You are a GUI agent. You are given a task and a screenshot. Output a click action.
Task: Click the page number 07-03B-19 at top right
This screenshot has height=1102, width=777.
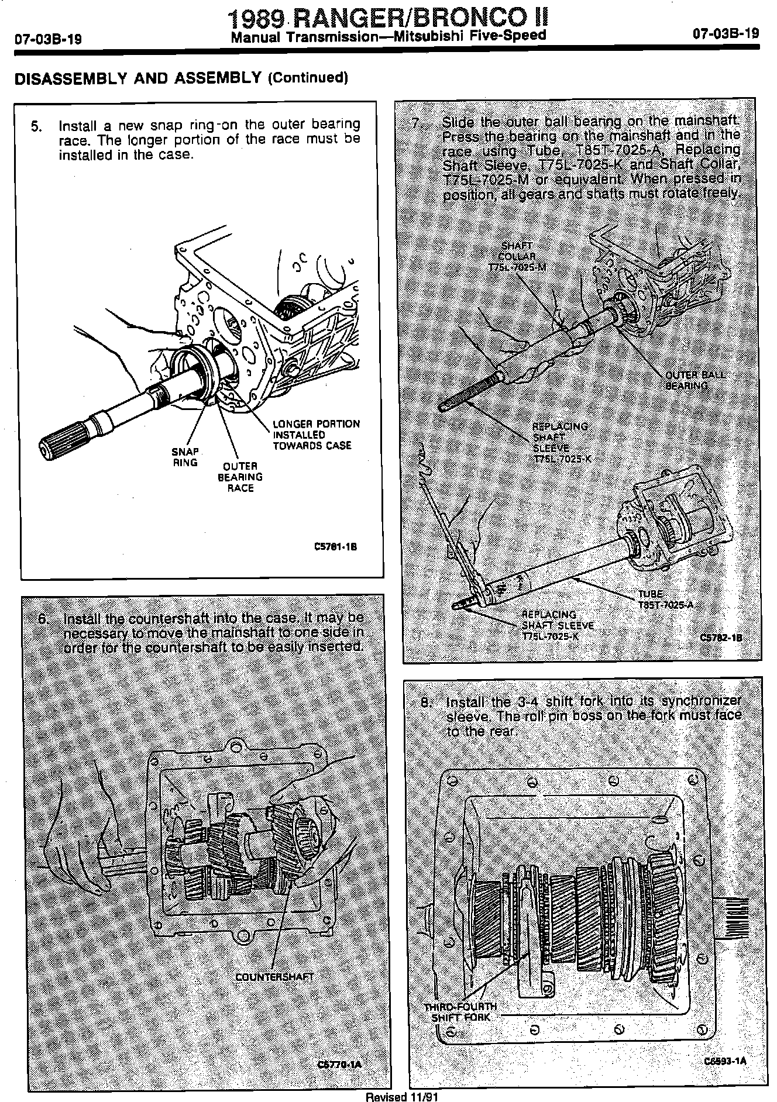726,33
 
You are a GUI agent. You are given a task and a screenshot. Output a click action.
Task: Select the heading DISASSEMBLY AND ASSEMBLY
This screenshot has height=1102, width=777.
137,78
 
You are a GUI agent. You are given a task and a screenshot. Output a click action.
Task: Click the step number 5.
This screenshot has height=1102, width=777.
37,126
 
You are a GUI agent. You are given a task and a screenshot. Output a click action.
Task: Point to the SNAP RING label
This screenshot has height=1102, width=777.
185,457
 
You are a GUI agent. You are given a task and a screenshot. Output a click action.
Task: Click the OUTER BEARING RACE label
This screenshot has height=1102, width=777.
240,477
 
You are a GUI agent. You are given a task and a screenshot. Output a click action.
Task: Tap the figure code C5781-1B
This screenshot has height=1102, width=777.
335,547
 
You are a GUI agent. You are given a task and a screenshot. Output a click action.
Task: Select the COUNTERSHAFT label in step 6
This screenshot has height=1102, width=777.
274,976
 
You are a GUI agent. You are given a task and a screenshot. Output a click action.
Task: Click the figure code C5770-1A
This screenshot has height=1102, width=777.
338,1064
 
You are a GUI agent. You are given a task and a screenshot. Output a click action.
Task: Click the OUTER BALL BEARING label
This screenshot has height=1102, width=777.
695,380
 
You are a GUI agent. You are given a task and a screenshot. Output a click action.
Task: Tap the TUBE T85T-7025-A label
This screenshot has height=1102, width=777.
664,599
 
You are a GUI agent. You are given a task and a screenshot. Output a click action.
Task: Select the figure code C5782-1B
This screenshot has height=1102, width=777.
721,637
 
